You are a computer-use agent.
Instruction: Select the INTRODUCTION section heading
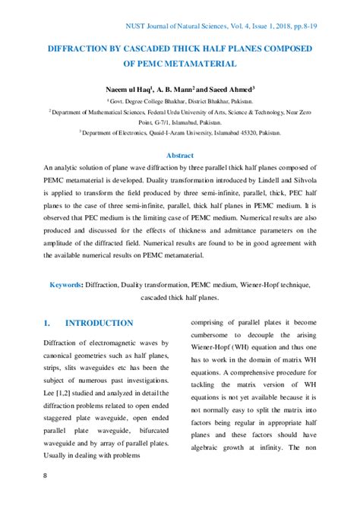point(99,323)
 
